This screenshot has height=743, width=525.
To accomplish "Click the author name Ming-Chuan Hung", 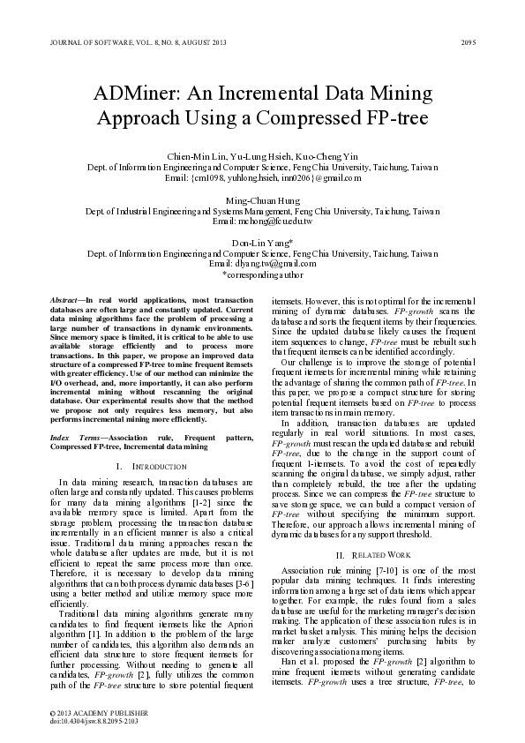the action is click(262, 201).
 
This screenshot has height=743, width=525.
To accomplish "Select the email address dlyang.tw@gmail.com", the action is click(274, 263).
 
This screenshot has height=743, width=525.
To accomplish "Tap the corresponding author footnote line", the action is click(262, 274).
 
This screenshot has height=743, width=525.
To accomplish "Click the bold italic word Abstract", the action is click(64, 302).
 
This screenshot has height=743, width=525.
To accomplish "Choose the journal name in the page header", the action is click(128, 42).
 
